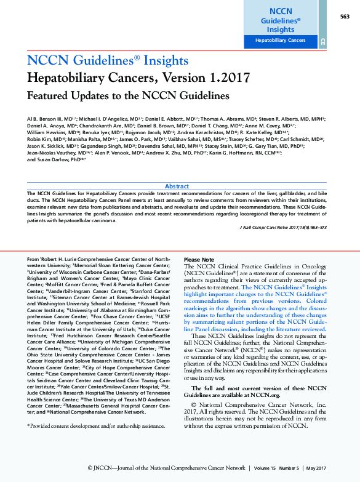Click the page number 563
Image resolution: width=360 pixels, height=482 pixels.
pyautogui.click(x=345, y=16)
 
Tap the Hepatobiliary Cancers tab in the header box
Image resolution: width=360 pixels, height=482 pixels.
pyautogui.click(x=281, y=41)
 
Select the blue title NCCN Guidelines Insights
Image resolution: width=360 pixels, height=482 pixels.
pyautogui.click(x=107, y=60)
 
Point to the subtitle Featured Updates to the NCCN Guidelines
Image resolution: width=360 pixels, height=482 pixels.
pyautogui.click(x=127, y=96)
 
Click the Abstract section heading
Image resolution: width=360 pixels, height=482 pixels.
pyautogui.click(x=177, y=186)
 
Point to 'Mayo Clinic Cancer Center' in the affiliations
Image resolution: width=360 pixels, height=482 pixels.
pyautogui.click(x=150, y=279)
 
